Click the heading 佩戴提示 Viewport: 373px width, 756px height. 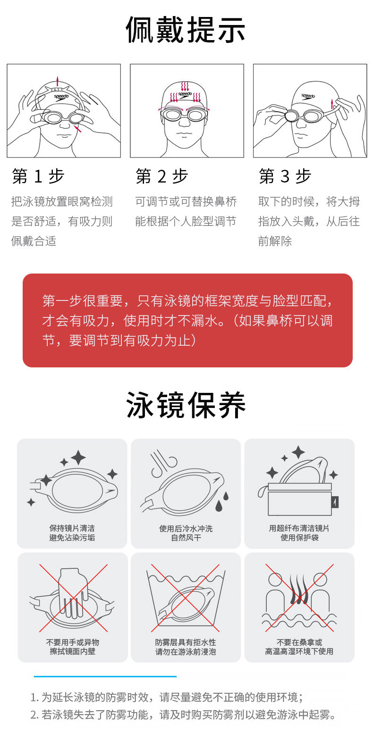(186, 30)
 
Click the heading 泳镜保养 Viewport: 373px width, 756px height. (186, 405)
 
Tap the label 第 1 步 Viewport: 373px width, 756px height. (38, 176)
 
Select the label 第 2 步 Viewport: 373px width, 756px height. (161, 176)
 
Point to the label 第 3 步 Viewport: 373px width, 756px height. (285, 176)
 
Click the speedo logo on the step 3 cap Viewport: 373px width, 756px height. (308, 96)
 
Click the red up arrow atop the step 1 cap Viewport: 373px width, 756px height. (58, 81)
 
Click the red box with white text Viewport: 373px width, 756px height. (187, 320)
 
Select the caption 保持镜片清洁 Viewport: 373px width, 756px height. (72, 528)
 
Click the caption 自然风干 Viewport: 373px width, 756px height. (186, 538)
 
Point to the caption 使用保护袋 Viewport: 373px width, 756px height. (299, 538)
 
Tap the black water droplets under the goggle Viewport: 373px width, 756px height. (221, 501)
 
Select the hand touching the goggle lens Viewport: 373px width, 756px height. (73, 593)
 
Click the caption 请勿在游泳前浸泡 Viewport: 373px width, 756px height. (186, 652)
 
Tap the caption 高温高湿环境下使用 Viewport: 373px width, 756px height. (299, 651)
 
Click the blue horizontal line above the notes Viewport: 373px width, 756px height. (105, 676)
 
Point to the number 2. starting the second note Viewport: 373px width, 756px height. (34, 714)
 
